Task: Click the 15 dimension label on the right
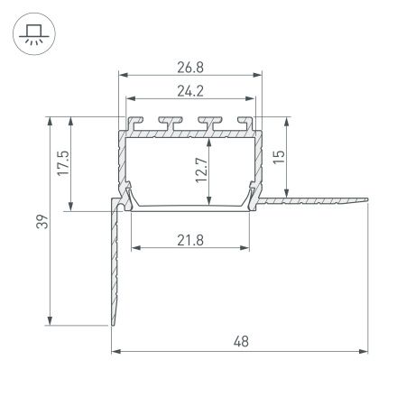point(279,156)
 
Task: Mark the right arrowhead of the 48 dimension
point(366,351)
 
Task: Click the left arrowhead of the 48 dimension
point(115,351)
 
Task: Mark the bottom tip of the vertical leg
point(114,325)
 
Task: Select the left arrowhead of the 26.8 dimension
point(121,75)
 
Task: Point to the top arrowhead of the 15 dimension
point(288,120)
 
